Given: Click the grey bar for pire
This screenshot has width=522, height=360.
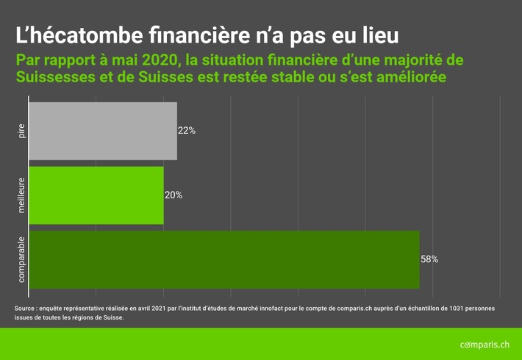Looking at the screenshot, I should click(103, 131).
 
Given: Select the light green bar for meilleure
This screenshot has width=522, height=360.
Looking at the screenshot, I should click(96, 195).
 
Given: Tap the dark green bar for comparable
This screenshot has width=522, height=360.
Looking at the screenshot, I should click(224, 259).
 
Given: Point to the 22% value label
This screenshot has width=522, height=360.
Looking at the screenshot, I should click(187, 131).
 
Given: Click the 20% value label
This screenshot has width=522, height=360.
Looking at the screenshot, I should click(174, 195).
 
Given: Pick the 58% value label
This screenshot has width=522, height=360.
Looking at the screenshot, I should click(429, 259).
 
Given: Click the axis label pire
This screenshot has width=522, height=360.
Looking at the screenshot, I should click(21, 131).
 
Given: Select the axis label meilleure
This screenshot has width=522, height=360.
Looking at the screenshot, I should click(21, 195).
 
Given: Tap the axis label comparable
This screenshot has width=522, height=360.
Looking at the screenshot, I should click(21, 259).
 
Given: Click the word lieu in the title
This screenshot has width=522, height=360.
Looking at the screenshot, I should click(379, 35).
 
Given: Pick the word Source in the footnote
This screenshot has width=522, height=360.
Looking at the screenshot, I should click(26, 308).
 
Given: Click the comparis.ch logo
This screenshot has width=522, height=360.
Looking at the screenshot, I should click(484, 344).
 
